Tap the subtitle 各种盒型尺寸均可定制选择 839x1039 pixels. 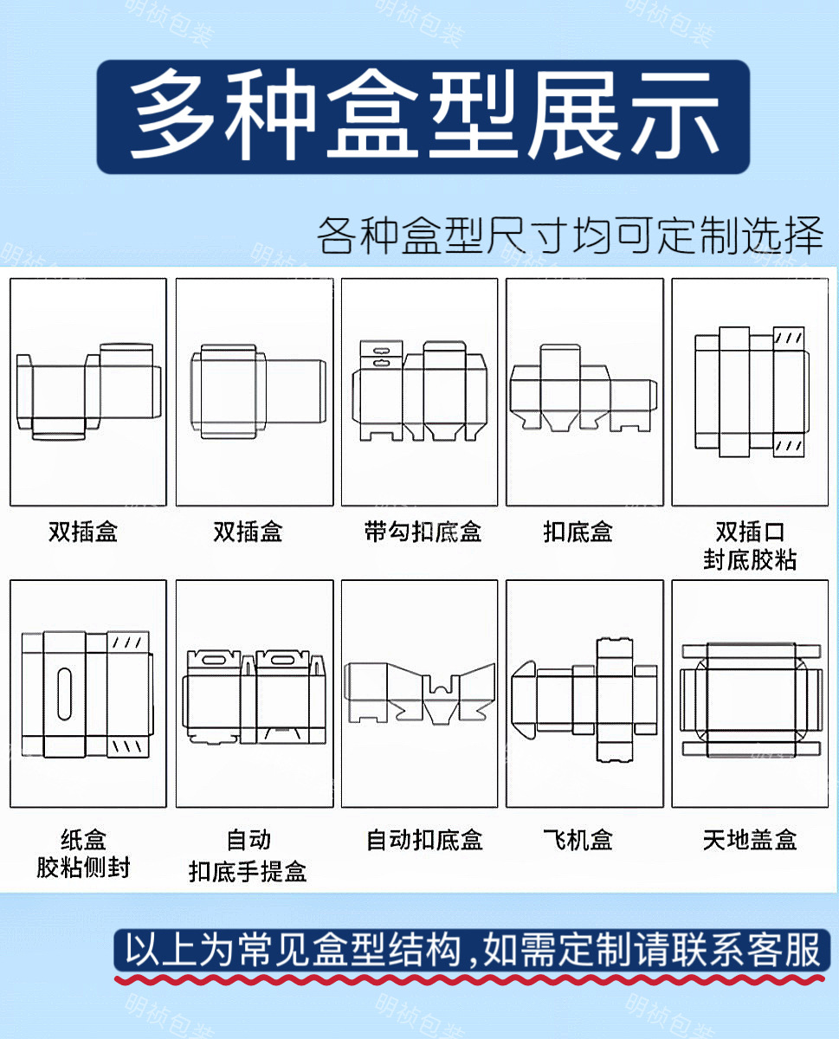pos(569,235)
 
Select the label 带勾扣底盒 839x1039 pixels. pos(423,531)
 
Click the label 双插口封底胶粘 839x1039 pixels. pos(750,545)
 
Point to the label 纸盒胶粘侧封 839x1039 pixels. pos(83,853)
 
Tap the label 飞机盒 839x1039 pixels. pos(578,839)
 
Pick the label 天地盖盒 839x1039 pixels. pos(750,839)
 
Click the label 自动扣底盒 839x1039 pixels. pos(424,839)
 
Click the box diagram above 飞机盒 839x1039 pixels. pos(584,700)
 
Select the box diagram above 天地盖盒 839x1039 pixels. pos(750,700)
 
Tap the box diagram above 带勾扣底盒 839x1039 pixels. pos(420,390)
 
